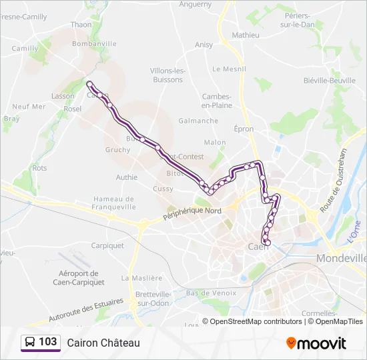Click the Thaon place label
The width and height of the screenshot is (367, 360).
(81, 25)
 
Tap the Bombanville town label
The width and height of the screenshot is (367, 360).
(93, 43)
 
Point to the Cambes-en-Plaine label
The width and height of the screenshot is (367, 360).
(217, 101)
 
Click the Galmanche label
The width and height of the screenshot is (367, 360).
(198, 121)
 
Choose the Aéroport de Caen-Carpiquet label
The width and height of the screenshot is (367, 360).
(79, 277)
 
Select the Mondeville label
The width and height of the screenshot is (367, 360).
(342, 258)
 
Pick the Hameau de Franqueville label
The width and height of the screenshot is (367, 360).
(114, 203)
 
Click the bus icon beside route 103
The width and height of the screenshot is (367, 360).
(30, 343)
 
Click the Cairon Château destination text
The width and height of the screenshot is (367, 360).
(103, 343)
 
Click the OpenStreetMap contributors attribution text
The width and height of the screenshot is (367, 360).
(255, 321)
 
